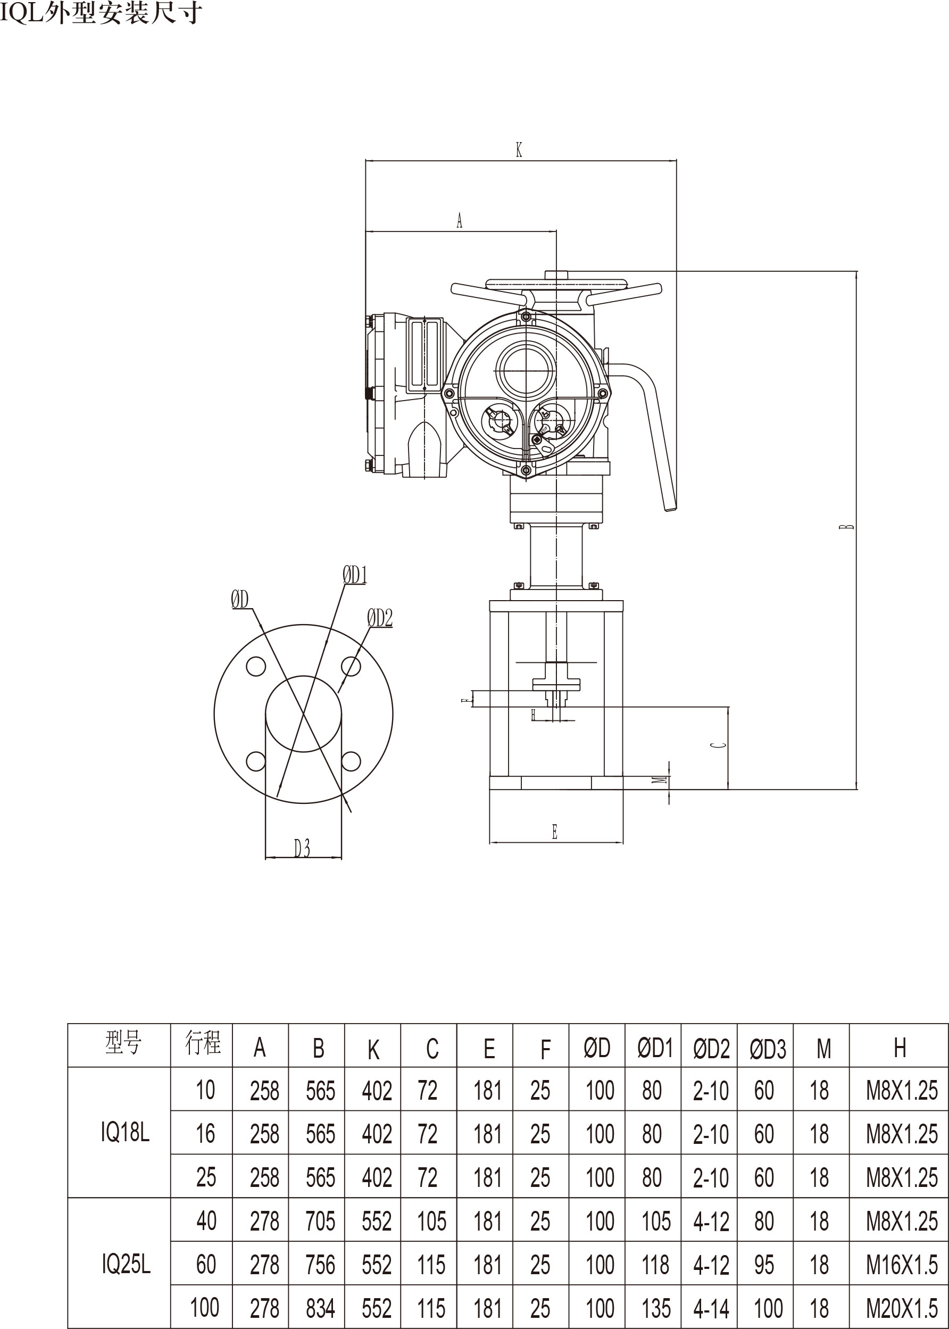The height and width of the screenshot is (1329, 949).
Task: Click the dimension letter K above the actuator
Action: tap(519, 150)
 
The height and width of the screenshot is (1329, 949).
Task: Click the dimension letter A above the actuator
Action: tap(459, 221)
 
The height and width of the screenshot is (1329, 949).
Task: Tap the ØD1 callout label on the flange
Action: tap(355, 575)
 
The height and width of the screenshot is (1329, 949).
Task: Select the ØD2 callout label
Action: tap(380, 617)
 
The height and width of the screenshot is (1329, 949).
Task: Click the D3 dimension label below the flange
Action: tap(302, 848)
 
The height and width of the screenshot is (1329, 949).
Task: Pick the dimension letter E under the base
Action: tap(554, 832)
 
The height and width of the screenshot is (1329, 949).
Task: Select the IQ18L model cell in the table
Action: tap(125, 1133)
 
